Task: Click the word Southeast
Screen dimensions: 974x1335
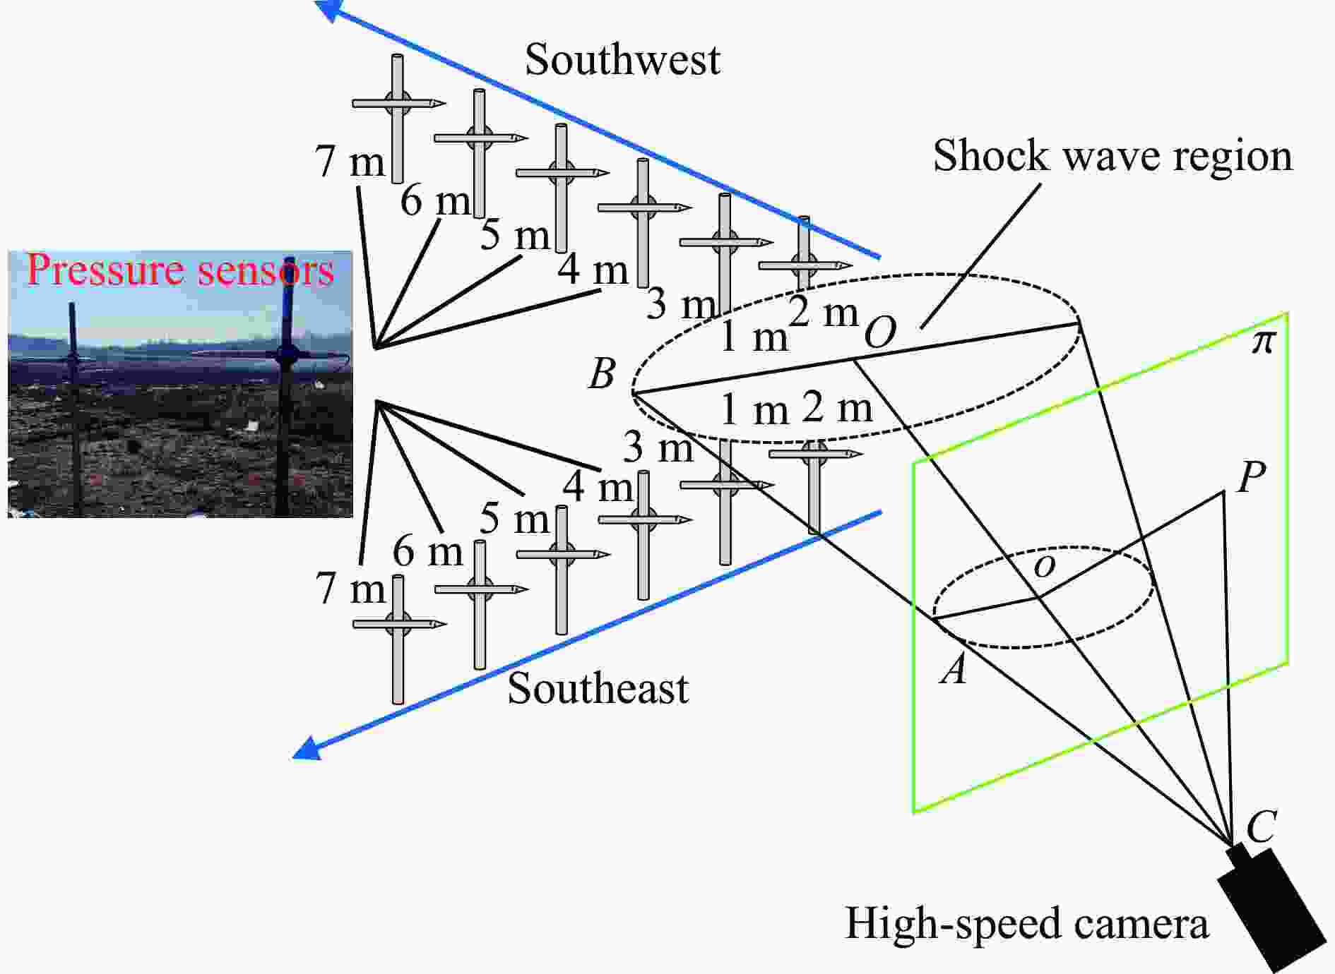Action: (x=598, y=688)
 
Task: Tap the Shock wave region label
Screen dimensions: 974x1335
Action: (x=1112, y=156)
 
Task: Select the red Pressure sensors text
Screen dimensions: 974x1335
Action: (x=179, y=270)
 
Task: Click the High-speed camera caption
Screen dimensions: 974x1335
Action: (x=1026, y=923)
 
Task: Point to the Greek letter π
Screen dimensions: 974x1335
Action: (x=1263, y=342)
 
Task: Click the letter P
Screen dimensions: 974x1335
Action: (x=1251, y=477)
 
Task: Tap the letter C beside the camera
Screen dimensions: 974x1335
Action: (x=1262, y=826)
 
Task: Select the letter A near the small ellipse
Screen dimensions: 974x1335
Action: (x=954, y=668)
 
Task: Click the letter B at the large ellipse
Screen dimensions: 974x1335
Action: (x=602, y=373)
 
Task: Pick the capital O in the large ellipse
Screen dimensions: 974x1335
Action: (x=880, y=332)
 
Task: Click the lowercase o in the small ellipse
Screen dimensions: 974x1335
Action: (x=1044, y=565)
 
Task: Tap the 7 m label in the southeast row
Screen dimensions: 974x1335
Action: (x=350, y=588)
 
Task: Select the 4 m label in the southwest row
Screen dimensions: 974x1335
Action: (x=593, y=270)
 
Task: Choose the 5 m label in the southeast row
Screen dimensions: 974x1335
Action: (x=514, y=519)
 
